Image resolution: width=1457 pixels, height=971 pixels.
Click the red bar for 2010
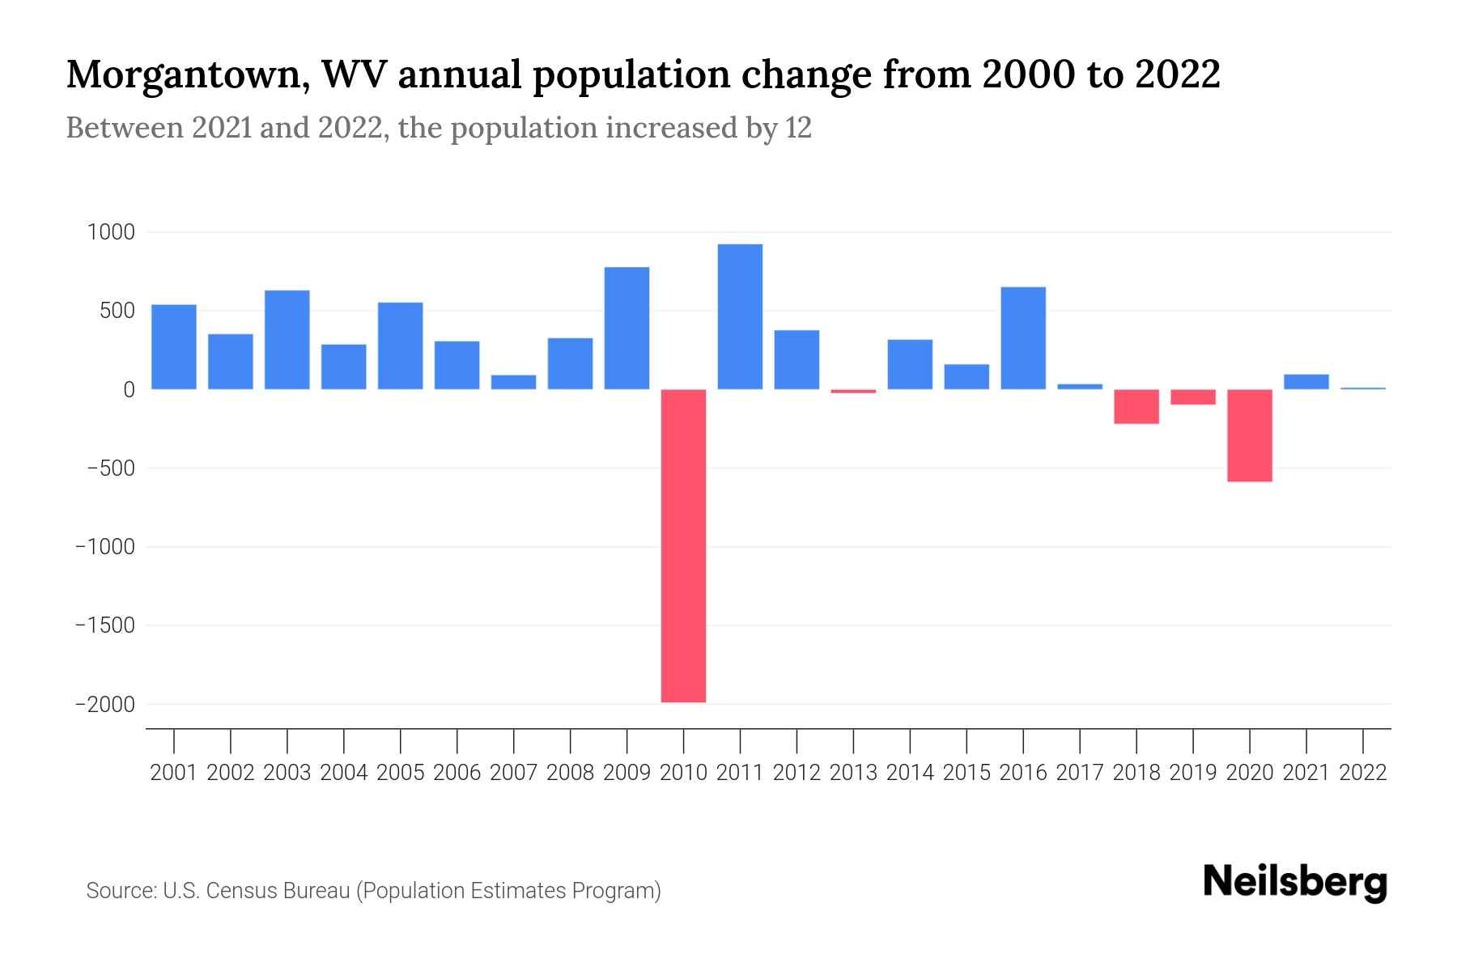click(683, 545)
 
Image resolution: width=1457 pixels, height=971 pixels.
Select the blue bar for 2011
click(740, 316)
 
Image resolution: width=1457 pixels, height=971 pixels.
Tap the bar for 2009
click(627, 328)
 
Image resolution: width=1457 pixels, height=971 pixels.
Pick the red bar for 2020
click(1249, 435)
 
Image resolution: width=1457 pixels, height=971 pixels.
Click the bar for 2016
click(1023, 338)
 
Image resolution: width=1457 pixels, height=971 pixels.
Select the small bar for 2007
click(513, 382)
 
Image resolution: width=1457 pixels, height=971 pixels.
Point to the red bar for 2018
click(1136, 406)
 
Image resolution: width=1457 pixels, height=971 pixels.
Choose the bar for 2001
click(174, 346)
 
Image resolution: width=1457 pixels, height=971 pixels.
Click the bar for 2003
click(287, 340)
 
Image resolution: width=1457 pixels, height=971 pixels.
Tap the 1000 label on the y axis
click(111, 233)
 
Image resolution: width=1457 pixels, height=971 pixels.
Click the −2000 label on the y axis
click(105, 705)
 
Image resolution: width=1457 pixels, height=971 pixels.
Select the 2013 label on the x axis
click(853, 773)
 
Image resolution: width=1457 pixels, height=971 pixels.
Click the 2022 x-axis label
click(1363, 773)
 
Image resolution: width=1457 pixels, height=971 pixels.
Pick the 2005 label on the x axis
click(401, 773)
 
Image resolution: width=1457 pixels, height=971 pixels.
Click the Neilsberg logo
click(1294, 883)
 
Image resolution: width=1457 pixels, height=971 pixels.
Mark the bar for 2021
click(1306, 382)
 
